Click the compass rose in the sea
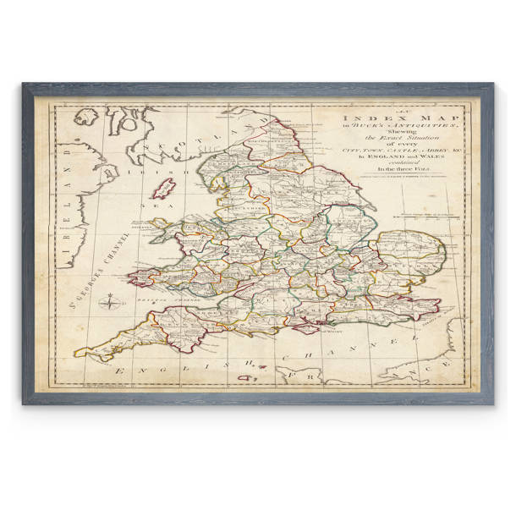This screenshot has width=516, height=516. click(110, 302)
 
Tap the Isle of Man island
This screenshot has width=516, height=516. click(163, 188)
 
